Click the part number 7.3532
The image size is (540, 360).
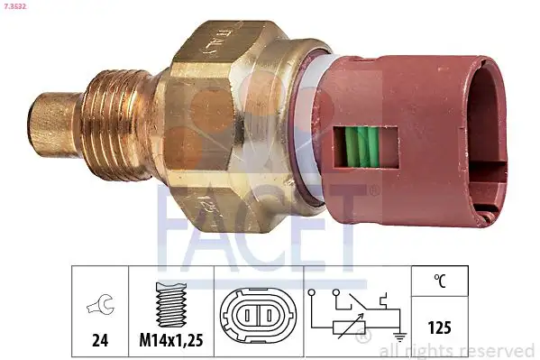click(x=19, y=8)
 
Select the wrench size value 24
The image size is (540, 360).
click(x=101, y=342)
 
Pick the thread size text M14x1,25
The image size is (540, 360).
click(x=171, y=342)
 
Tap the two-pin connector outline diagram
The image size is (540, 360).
click(x=257, y=318)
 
